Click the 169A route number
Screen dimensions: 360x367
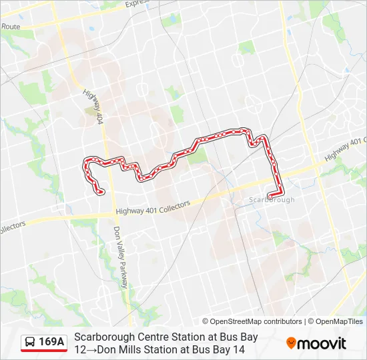(x=51, y=342)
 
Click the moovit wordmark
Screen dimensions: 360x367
(x=322, y=343)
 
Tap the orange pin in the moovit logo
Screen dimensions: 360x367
(x=291, y=343)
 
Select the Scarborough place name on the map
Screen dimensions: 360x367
(x=272, y=199)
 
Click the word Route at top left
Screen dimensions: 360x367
(x=11, y=26)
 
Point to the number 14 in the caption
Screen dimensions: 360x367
(x=238, y=349)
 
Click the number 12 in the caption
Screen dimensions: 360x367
(x=81, y=349)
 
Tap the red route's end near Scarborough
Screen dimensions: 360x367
(x=268, y=195)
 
